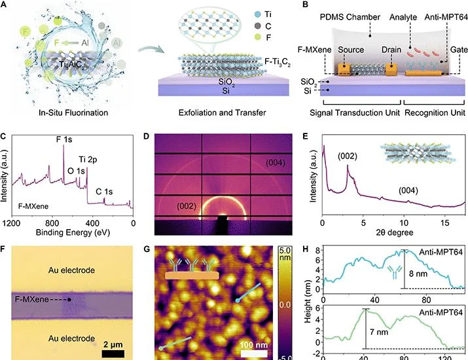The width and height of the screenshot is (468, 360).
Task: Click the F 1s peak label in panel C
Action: click(x=64, y=139)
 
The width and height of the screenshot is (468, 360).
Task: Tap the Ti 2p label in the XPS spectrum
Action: click(x=88, y=160)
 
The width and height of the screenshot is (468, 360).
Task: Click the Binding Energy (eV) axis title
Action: click(x=73, y=232)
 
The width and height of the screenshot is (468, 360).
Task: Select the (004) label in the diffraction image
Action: click(x=275, y=163)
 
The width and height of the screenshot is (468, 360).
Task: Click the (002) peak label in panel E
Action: click(x=348, y=156)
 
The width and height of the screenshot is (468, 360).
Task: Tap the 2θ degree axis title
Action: click(x=395, y=232)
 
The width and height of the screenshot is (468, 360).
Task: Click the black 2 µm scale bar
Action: click(x=113, y=353)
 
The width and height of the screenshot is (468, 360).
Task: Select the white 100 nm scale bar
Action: click(x=254, y=353)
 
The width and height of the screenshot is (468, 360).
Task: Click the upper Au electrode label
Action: click(x=71, y=270)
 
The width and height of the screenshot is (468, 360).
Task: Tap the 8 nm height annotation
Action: click(x=418, y=274)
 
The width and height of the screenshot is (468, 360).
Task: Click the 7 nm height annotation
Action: click(x=379, y=332)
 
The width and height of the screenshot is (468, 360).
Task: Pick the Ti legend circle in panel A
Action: click(x=258, y=14)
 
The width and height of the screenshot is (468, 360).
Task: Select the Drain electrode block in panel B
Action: click(x=391, y=69)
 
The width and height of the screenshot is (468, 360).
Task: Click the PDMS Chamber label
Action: click(x=350, y=17)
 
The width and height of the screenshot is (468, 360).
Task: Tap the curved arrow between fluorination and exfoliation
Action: click(x=151, y=48)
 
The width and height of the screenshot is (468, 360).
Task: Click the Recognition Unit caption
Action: click(x=435, y=113)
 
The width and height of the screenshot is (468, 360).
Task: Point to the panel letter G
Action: click(x=147, y=249)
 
